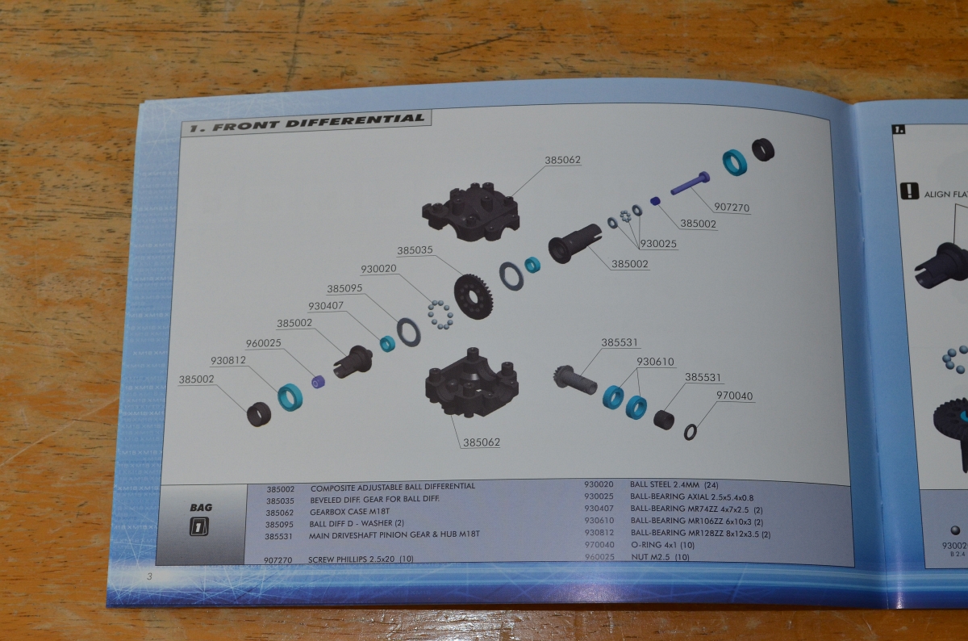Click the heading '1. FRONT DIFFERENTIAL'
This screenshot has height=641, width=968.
[307, 123]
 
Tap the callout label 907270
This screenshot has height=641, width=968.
[732, 207]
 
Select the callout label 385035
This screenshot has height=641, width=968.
[415, 250]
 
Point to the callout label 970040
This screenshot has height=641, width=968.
[734, 396]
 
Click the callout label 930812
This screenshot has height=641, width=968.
[228, 360]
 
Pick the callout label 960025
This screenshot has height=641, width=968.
[264, 343]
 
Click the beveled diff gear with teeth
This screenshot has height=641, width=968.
[474, 296]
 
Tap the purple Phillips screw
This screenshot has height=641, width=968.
[691, 183]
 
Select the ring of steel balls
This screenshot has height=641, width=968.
[440, 314]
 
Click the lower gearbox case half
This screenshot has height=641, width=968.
[472, 383]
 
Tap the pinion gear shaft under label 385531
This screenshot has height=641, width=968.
[574, 379]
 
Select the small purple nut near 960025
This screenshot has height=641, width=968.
[319, 382]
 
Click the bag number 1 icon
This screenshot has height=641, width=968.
[198, 527]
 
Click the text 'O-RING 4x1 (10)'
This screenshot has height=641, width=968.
[663, 545]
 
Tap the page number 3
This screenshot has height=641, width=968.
[149, 576]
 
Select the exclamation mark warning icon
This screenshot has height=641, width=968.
[909, 191]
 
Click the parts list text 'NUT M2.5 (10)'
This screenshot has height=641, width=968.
[661, 557]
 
